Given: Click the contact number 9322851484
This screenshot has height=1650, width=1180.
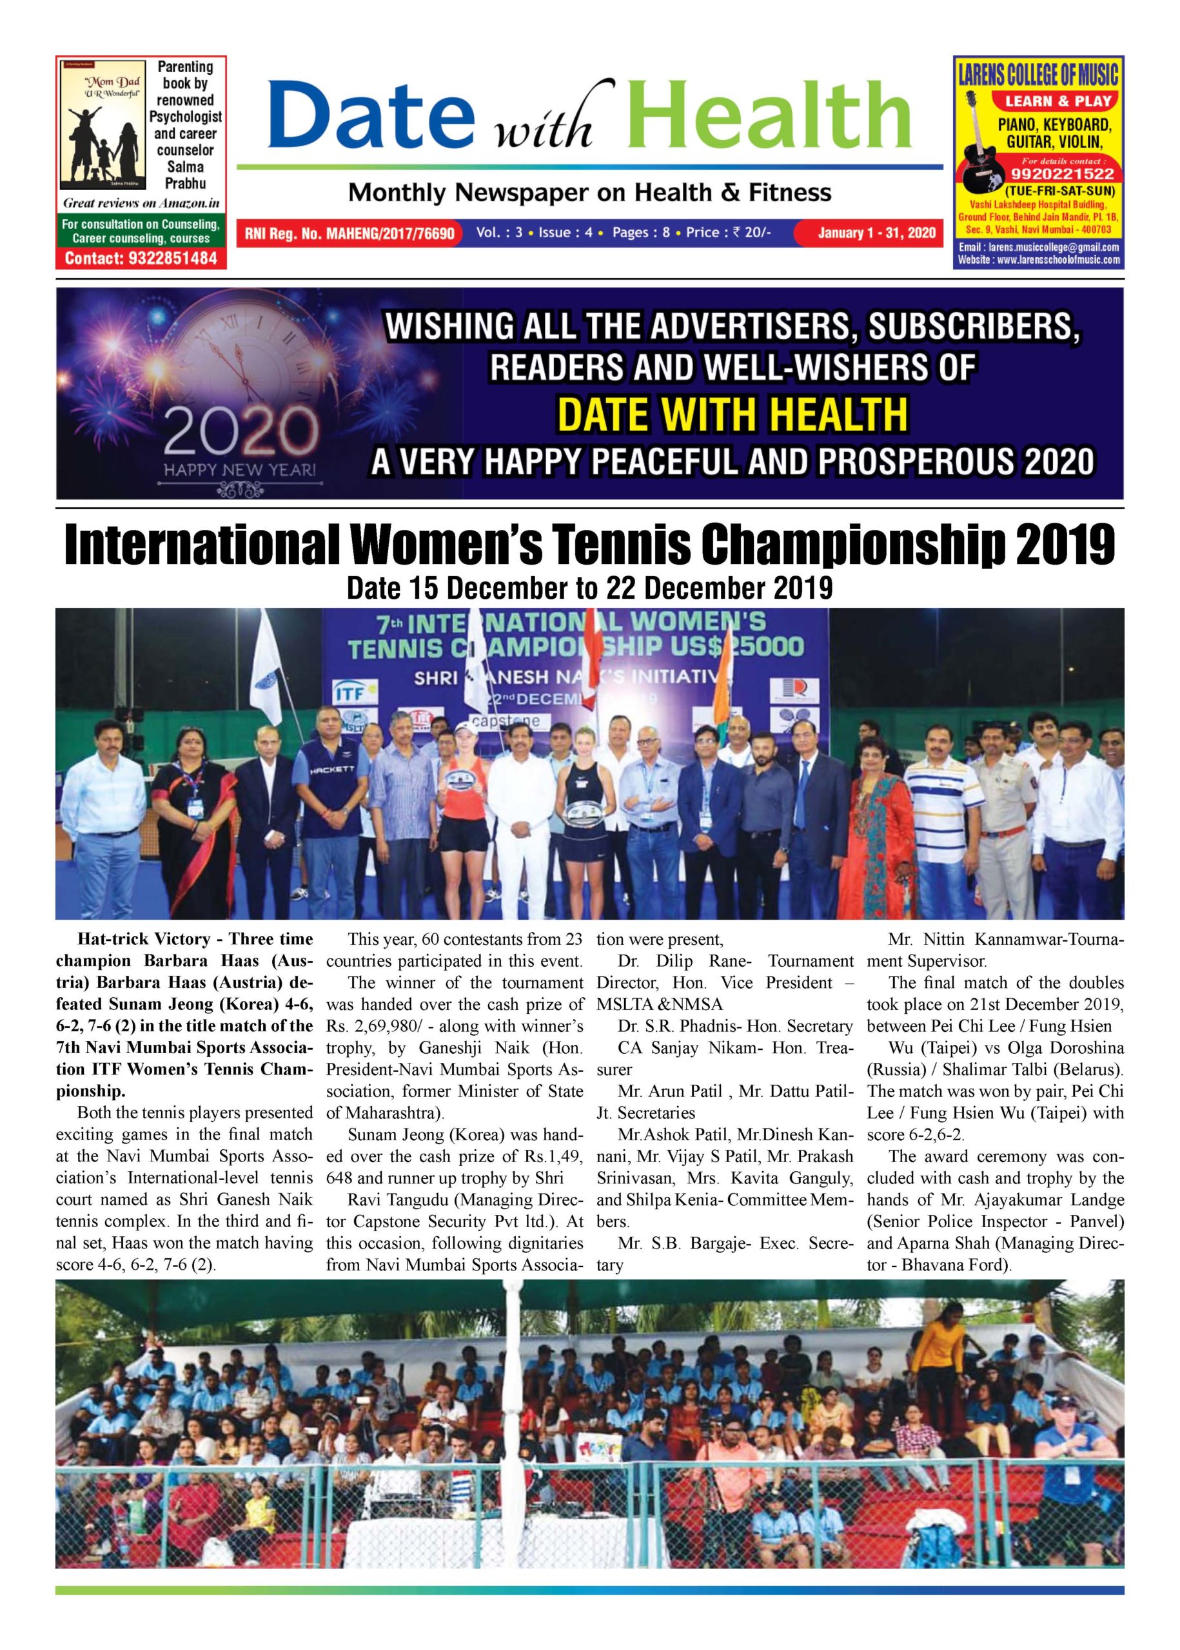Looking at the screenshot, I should (x=141, y=258).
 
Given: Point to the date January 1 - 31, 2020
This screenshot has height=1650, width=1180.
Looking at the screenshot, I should (x=876, y=233).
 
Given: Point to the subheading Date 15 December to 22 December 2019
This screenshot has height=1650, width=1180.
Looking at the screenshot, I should (x=589, y=588).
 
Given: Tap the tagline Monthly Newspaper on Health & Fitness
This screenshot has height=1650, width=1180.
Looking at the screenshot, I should (x=589, y=193).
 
